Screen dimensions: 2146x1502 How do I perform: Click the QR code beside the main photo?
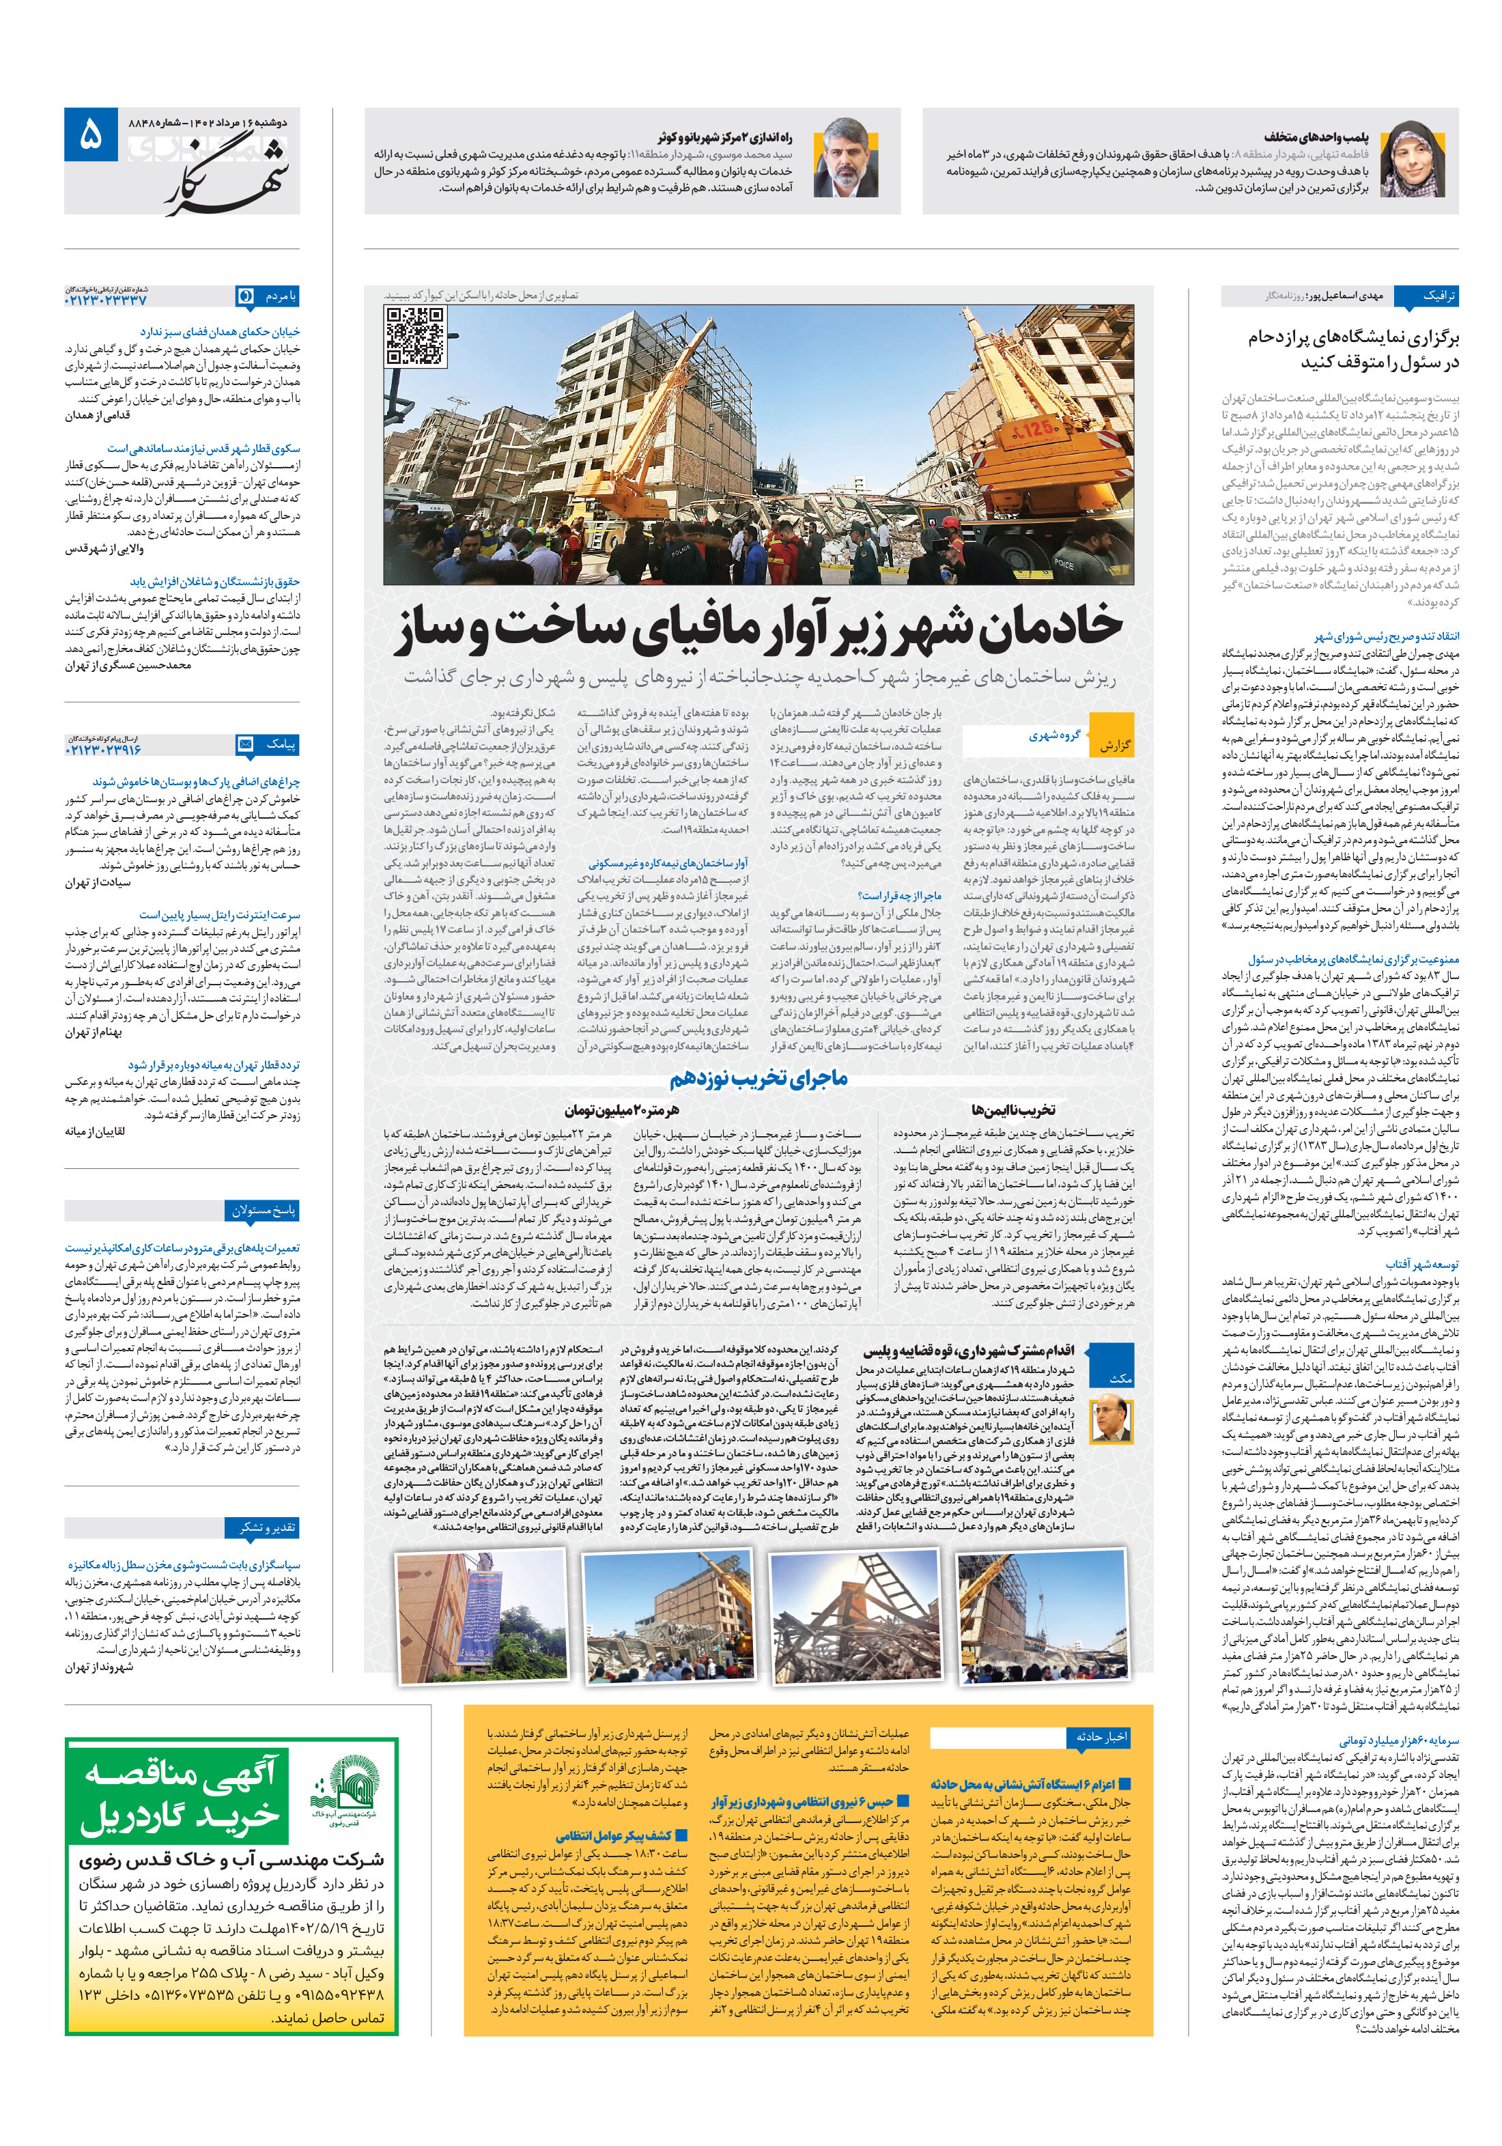(x=415, y=335)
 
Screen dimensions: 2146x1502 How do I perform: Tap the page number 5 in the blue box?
(x=91, y=135)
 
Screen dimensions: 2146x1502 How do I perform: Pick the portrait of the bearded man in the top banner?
(x=846, y=159)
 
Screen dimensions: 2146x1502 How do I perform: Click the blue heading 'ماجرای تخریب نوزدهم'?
(x=758, y=1079)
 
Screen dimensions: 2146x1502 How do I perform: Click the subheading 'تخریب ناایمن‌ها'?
(x=1013, y=1110)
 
